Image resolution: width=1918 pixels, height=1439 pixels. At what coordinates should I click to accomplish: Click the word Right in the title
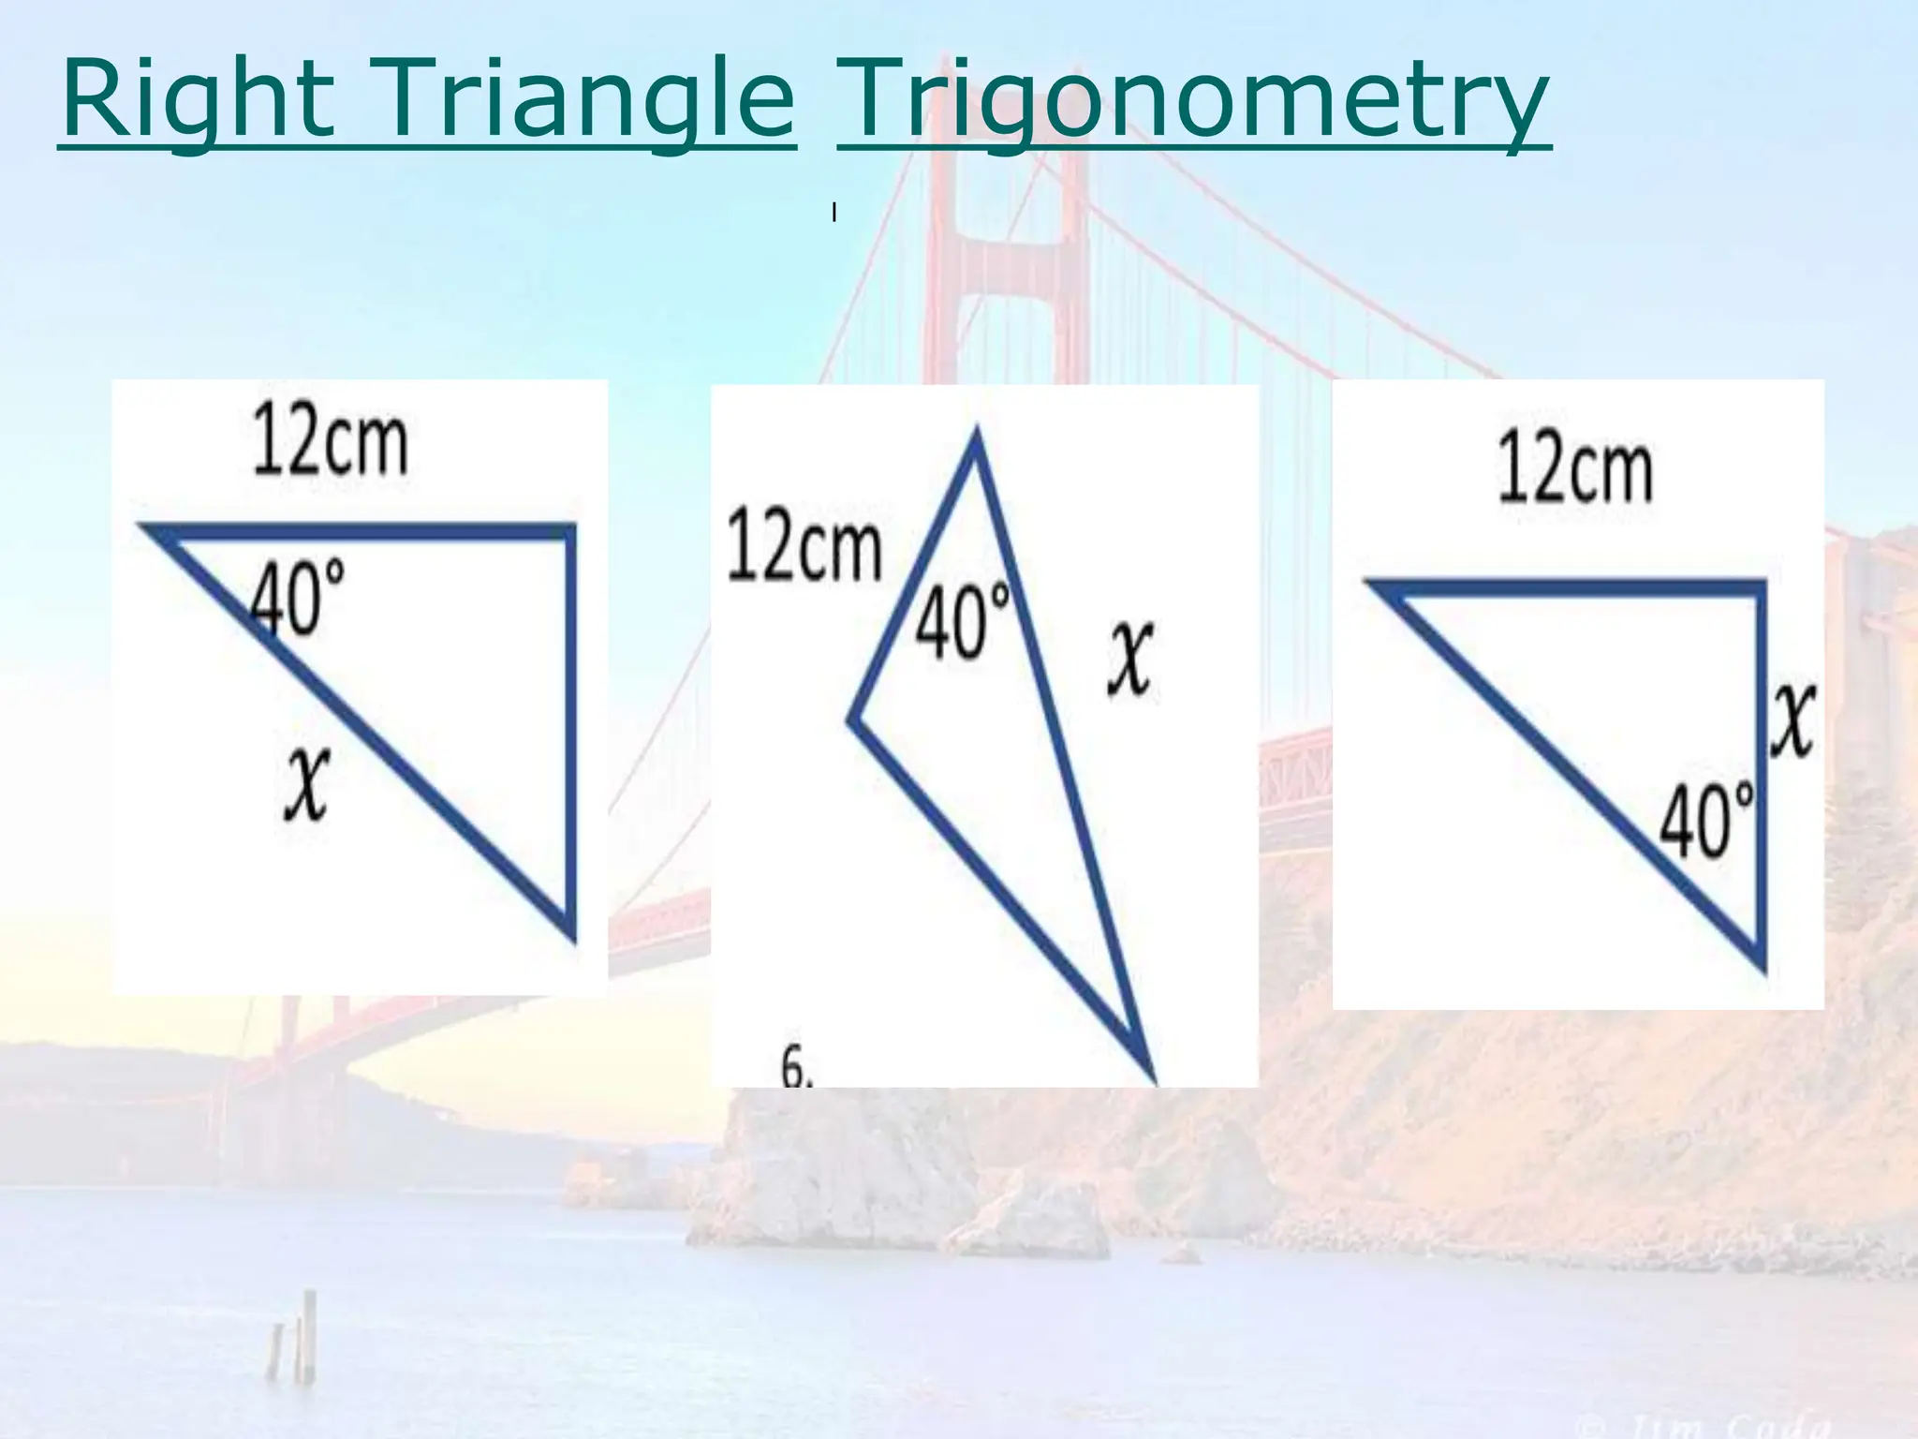(x=198, y=99)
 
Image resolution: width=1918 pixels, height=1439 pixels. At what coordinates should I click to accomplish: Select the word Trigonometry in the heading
(x=1193, y=99)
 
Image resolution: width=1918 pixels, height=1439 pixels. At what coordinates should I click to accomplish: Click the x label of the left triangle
(x=307, y=785)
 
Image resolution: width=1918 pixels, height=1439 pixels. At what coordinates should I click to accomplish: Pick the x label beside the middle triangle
(x=1131, y=660)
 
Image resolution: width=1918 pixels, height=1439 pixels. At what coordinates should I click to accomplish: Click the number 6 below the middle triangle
(x=795, y=1068)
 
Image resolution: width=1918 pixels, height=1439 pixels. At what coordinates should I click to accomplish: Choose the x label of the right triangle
(x=1793, y=721)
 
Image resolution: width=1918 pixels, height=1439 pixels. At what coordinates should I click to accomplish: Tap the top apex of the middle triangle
(x=976, y=433)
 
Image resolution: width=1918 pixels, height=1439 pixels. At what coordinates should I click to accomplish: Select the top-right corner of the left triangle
(x=570, y=530)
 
